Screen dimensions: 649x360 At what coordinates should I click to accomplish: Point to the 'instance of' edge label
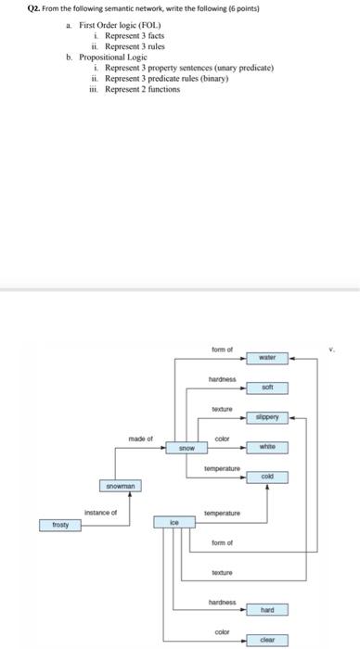coord(101,512)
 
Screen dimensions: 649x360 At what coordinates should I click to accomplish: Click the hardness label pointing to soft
coord(221,379)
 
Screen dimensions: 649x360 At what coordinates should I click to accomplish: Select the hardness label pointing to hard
coord(221,603)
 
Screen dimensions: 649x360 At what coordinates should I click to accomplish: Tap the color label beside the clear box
coord(221,631)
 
